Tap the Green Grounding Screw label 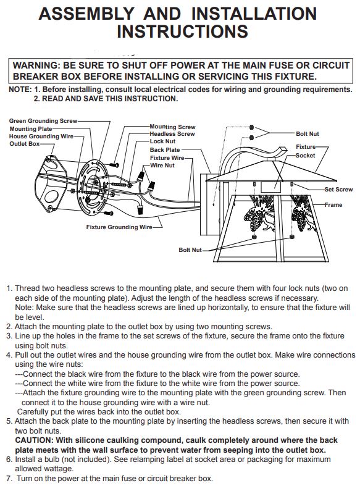(43, 121)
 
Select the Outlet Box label (25, 144)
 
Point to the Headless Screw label (172, 133)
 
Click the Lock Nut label (162, 141)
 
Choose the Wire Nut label (162, 166)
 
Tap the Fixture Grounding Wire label (119, 227)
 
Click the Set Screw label (338, 190)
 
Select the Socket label (305, 155)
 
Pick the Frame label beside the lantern (333, 205)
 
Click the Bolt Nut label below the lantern (190, 250)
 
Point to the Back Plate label (165, 150)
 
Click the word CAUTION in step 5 (34, 440)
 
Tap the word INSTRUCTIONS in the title (183, 31)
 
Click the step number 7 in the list (9, 479)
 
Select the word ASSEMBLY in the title (86, 14)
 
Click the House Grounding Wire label (41, 136)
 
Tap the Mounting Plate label (31, 129)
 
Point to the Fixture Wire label (167, 158)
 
